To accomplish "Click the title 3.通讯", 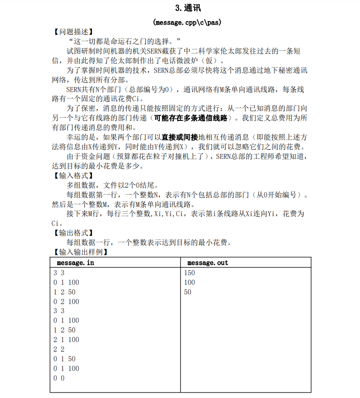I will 188,8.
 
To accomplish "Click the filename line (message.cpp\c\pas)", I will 188,22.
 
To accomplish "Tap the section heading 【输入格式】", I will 73,175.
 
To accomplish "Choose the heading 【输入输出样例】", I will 80,252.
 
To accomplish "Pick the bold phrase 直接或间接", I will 180,137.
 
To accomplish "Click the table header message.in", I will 76,263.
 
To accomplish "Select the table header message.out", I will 207,263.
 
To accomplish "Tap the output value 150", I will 189,273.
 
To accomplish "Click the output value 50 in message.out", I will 187,292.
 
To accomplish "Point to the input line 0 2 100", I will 66,301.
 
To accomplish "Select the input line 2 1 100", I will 66,339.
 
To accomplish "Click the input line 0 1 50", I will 64,359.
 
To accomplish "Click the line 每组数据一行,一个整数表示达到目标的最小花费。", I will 148,243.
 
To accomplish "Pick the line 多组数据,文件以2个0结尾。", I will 112,185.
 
